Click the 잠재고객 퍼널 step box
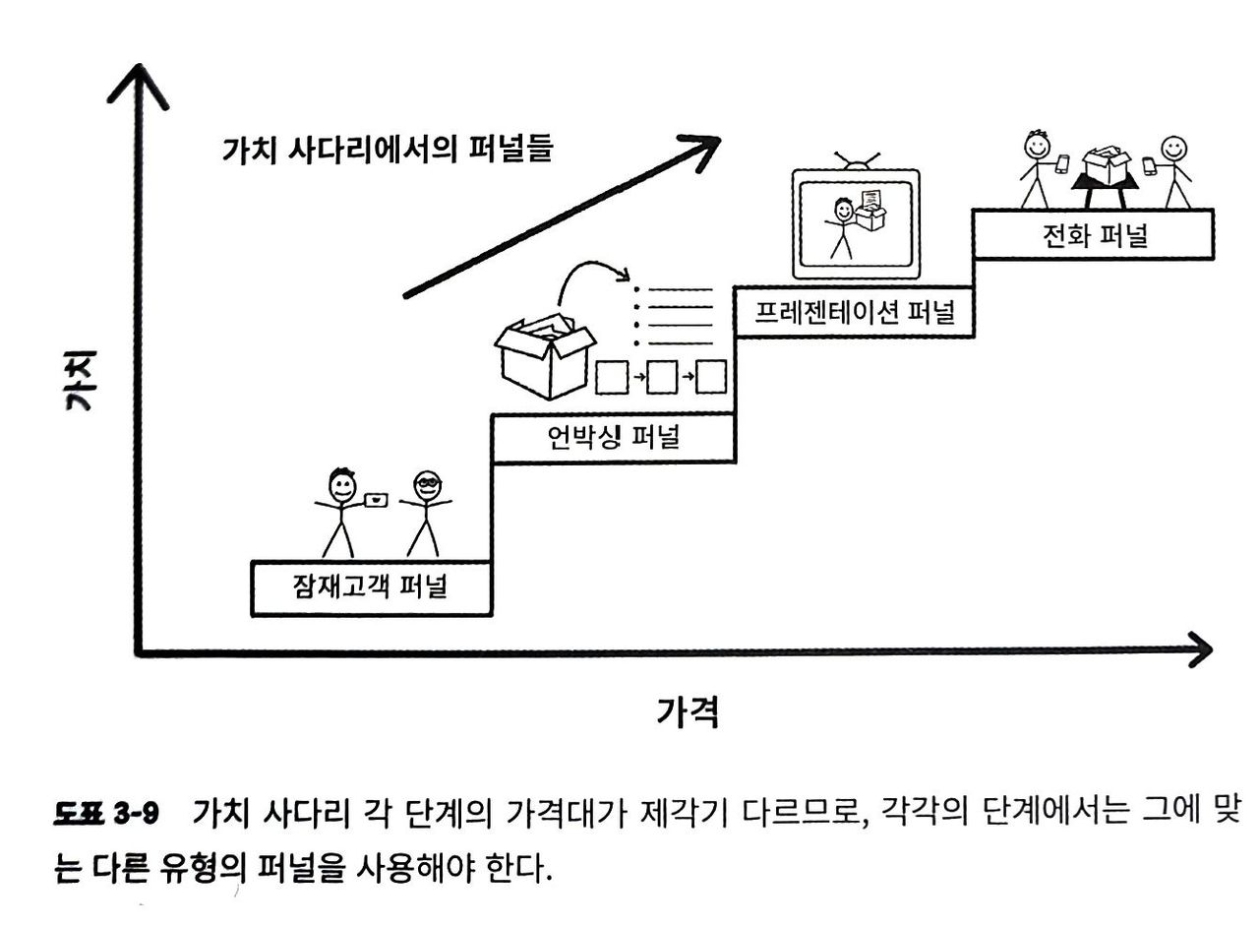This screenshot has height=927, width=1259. click(x=371, y=587)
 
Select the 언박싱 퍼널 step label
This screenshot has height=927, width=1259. click(x=613, y=437)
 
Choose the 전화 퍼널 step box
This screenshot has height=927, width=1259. click(x=1093, y=234)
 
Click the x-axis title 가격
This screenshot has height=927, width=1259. click(x=688, y=711)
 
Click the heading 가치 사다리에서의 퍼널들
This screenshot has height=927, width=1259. click(x=389, y=150)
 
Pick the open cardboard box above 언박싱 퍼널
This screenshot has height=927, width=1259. click(x=544, y=354)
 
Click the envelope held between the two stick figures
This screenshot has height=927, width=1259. click(x=376, y=500)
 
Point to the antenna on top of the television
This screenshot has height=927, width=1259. click(x=856, y=160)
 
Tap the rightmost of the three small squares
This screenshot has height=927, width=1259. click(x=710, y=376)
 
